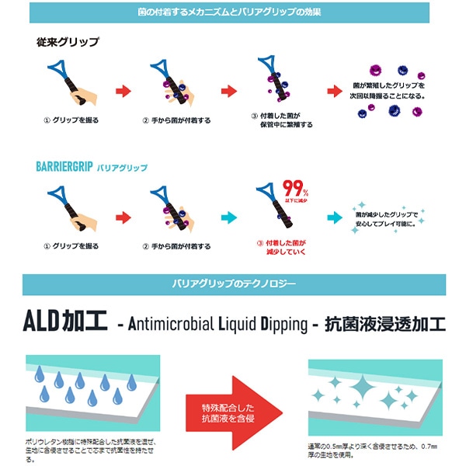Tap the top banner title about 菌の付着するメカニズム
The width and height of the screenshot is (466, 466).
point(233,13)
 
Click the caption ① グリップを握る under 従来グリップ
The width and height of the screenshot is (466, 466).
point(71,120)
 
